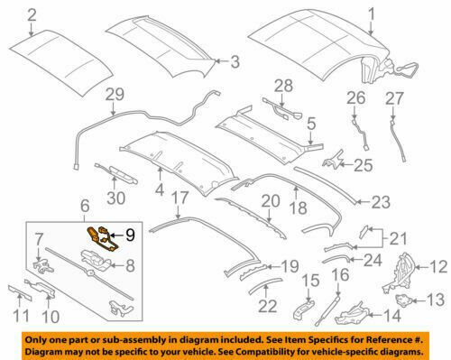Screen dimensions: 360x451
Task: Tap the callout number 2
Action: click(32, 14)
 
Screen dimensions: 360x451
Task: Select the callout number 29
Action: click(113, 95)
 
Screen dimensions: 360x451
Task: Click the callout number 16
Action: click(340, 275)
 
